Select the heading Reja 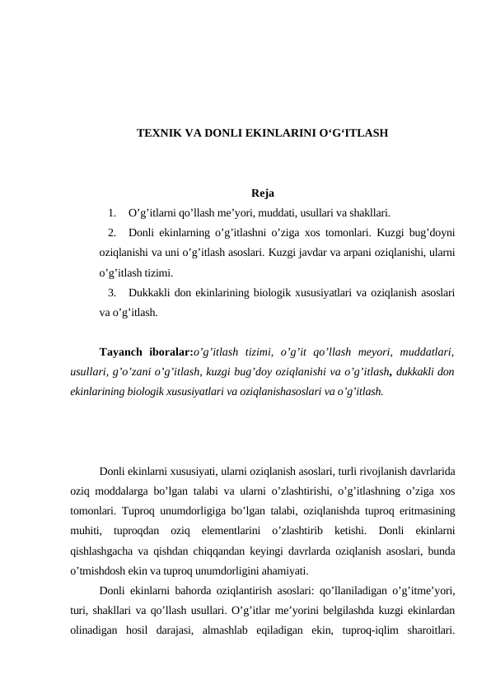[263, 194]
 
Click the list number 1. [112, 214]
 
